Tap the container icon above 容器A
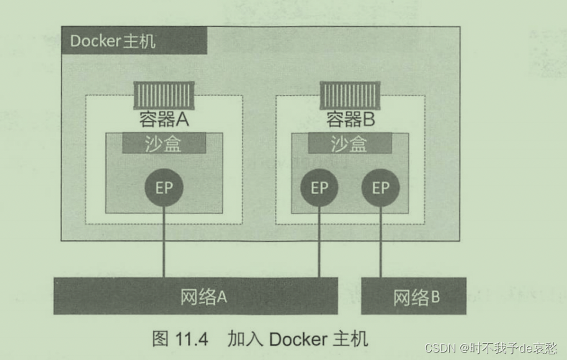164,96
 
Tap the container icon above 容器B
350,96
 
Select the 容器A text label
164,119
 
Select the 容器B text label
350,119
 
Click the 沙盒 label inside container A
164,143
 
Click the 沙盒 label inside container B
350,143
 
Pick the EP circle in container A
164,187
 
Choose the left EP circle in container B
319,187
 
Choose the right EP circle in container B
380,187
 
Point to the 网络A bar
196,296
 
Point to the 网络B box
413,297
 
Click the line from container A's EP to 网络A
164,242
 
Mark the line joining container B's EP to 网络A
319,242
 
